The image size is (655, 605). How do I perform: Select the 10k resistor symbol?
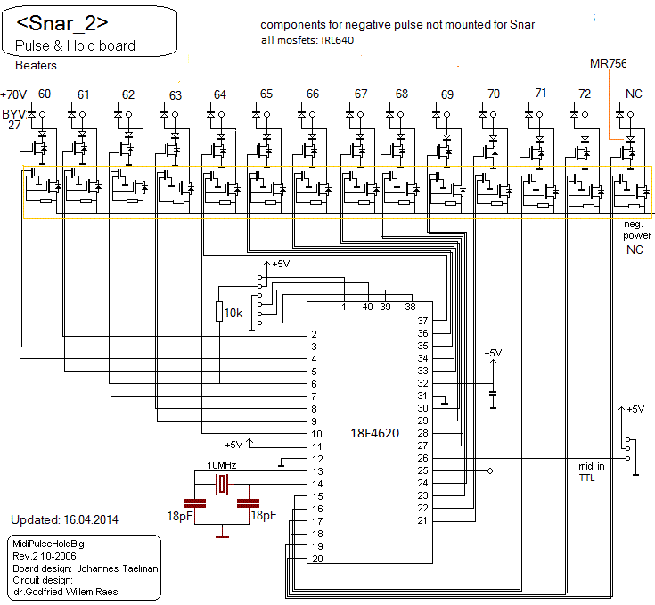219,311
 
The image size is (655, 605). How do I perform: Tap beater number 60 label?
45,94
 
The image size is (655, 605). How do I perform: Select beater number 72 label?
585,94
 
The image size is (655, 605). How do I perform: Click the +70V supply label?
14,94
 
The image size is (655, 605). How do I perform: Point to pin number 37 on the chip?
423,320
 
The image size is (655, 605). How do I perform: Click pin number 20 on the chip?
317,559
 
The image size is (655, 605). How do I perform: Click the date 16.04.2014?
88,519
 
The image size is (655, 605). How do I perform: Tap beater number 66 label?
312,94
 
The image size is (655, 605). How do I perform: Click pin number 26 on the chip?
423,458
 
